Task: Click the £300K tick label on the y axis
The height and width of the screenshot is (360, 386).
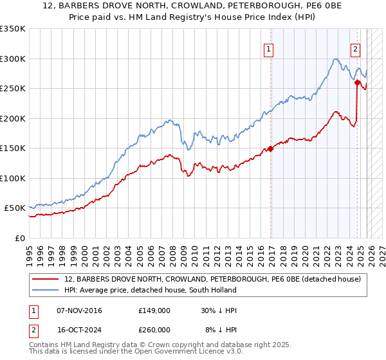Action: point(13,59)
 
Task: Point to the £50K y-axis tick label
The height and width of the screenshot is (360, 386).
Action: point(15,208)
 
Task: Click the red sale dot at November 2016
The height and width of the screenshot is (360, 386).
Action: point(271,148)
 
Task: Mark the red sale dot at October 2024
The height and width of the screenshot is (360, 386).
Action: point(357,82)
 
